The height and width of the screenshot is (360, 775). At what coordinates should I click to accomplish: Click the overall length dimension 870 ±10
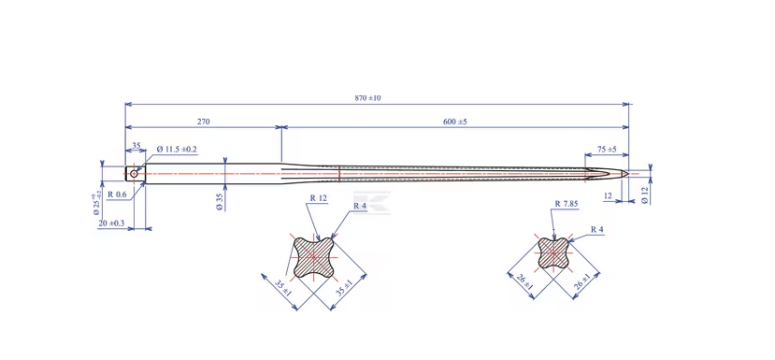click(x=367, y=98)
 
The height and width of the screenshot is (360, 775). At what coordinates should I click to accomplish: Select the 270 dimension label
click(x=204, y=122)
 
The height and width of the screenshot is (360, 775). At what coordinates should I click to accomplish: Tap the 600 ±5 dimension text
click(x=455, y=122)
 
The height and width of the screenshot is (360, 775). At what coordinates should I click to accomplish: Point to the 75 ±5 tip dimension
click(x=607, y=149)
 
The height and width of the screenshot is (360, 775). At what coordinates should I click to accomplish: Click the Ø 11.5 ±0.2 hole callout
click(x=178, y=149)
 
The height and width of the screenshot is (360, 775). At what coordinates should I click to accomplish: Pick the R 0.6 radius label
click(x=117, y=194)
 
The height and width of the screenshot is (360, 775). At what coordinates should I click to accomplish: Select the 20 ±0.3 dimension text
click(x=111, y=223)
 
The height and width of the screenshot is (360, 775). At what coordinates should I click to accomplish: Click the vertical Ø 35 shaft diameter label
click(x=220, y=202)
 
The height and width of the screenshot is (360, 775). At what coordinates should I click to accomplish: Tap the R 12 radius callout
click(x=319, y=198)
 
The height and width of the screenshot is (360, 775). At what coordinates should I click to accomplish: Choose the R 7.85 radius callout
click(x=567, y=203)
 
